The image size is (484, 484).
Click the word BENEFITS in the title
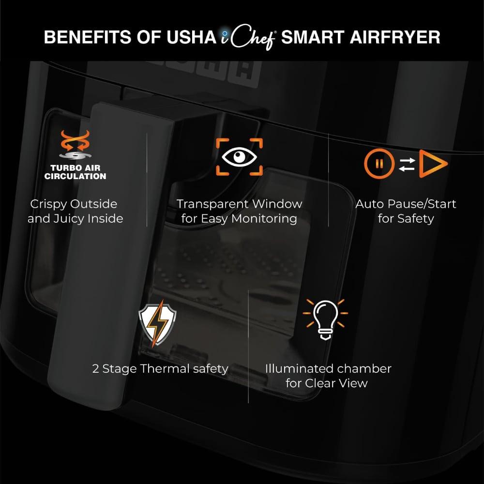[88, 37]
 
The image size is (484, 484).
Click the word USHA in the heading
[191, 37]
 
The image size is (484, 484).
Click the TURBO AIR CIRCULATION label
[75, 172]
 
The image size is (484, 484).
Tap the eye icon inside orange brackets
[239, 157]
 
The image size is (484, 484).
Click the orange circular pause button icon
[379, 164]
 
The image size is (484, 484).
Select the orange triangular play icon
[432, 164]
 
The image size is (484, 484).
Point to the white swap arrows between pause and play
[407, 164]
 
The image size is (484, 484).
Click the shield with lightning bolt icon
[157, 323]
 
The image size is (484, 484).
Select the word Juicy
[69, 219]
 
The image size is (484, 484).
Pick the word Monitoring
[264, 219]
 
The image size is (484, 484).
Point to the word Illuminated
[300, 369]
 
